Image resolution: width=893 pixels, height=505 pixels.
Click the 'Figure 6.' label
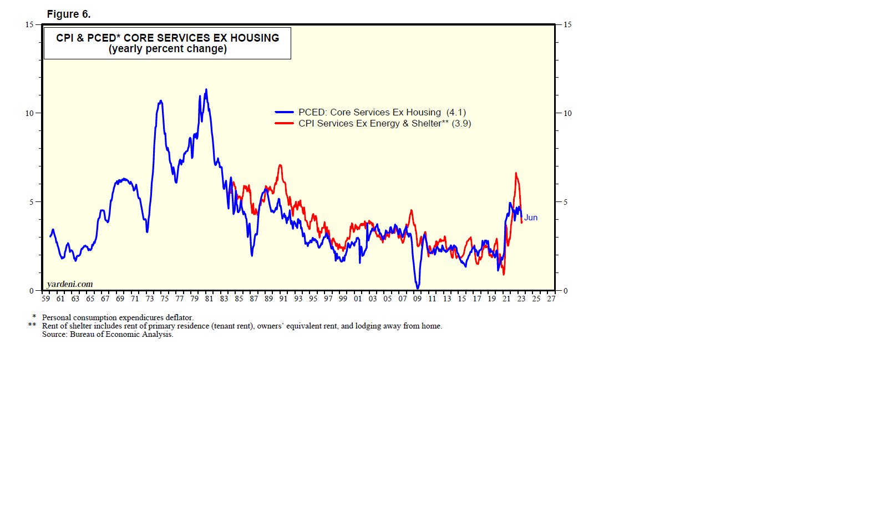pos(68,14)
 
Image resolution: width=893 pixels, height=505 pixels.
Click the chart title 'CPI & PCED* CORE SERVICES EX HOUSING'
pos(168,38)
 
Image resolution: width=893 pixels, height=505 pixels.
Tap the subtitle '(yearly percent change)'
pos(168,49)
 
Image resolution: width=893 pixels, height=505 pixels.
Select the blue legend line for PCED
pos(284,112)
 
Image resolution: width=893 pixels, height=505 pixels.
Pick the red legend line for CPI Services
pos(284,123)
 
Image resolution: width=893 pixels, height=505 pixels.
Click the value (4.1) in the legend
pos(456,113)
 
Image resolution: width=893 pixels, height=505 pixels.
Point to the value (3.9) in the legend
pos(461,124)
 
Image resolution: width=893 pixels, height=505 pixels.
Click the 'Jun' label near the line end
pos(531,218)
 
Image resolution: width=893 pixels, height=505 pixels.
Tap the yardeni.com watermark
pos(70,284)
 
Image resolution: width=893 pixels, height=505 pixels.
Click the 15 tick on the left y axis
pos(29,24)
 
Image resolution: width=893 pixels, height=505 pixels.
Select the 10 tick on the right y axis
pos(567,113)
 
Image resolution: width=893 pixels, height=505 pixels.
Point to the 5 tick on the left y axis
pos(32,202)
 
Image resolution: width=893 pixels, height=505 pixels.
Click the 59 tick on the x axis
pos(45,299)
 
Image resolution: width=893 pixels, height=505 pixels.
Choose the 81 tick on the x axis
pos(209,299)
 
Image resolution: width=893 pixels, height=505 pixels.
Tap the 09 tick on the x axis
pos(417,299)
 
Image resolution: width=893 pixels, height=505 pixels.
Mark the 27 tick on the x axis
pos(551,299)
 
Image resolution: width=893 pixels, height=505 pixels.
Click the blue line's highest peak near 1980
pos(206,89)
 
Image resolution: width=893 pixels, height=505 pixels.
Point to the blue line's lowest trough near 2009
pos(418,288)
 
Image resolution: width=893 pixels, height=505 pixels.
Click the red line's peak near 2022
pos(516,173)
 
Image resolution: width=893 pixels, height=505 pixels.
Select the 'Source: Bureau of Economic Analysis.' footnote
pos(108,334)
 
